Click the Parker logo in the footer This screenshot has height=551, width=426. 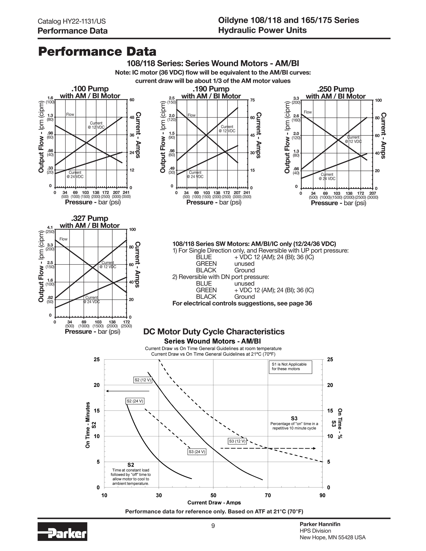[62, 535]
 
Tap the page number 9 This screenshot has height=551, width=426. [213, 526]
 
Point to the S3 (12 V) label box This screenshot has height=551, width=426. [237, 441]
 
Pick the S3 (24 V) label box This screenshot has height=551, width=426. [197, 452]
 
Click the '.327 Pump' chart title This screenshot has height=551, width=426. [90, 218]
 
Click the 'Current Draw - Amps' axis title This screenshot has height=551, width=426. [214, 503]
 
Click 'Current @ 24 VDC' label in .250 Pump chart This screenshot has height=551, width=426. [327, 177]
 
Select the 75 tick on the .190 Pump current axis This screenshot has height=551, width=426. [252, 100]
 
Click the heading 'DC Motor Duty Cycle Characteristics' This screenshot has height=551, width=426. [214, 331]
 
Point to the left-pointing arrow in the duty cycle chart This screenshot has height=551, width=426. [128, 391]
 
